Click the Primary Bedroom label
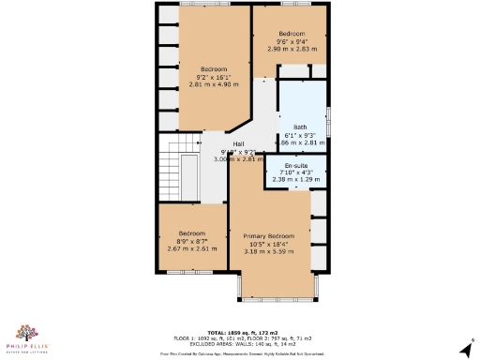269,235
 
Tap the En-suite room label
296,164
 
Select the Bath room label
300,127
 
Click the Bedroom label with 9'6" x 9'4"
292,33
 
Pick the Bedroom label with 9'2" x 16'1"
212,68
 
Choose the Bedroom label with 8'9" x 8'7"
192,232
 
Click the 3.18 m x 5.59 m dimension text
269,251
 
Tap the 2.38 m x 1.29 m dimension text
296,179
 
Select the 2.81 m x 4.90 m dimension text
212,84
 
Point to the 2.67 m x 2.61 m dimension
192,249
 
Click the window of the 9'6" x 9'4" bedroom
292,4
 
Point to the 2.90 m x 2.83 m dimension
292,49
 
